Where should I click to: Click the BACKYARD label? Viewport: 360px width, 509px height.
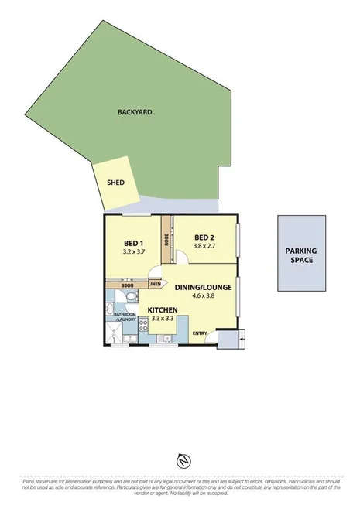[135, 112]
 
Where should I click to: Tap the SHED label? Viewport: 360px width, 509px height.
[115, 183]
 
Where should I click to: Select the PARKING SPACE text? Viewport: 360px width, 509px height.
[301, 255]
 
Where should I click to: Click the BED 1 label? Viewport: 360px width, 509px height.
[134, 241]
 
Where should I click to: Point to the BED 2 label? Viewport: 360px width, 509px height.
[204, 237]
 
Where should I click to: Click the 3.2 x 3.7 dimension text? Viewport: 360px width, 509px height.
[134, 251]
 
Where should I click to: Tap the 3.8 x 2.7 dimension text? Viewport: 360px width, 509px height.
[204, 248]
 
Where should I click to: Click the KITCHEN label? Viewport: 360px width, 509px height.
[163, 310]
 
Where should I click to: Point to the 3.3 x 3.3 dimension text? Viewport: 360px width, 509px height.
[163, 319]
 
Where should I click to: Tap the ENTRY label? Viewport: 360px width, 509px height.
[201, 334]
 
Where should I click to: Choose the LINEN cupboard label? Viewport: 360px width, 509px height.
[153, 285]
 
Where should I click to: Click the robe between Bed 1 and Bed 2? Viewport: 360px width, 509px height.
[166, 238]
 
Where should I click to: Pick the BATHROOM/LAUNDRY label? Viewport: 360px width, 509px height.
[125, 317]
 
